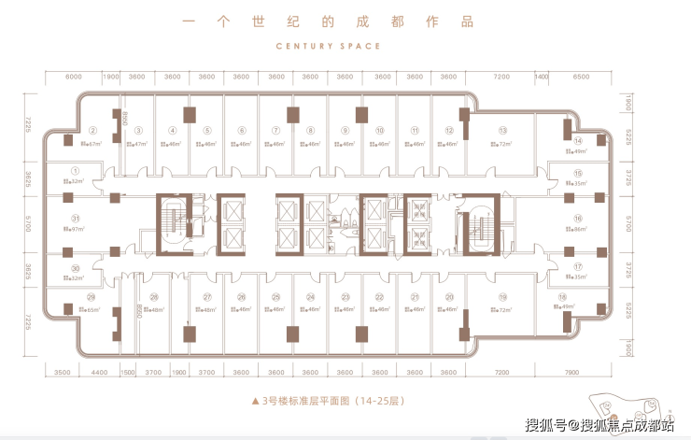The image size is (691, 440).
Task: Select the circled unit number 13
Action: coord(502,131)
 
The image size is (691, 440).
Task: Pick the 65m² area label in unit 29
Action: coord(92,308)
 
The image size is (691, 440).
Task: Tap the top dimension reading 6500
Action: coord(582,77)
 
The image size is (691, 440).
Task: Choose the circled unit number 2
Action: coord(92,131)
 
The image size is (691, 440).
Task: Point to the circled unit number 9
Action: coord(345,131)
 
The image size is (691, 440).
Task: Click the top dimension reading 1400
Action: coord(541,77)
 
